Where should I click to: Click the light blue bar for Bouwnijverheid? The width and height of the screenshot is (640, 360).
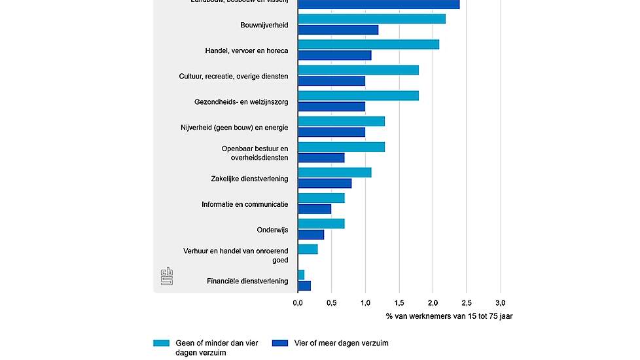click(372, 19)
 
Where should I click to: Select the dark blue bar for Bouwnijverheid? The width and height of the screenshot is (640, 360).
click(338, 30)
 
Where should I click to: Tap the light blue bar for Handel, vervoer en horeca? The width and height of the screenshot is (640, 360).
click(368, 45)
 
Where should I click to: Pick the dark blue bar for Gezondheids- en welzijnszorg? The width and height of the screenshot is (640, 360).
click(331, 107)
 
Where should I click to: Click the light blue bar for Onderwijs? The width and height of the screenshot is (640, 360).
click(321, 224)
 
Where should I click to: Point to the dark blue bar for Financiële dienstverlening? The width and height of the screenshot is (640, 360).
click(304, 285)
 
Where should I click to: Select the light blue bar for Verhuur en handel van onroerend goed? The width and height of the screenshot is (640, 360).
click(308, 249)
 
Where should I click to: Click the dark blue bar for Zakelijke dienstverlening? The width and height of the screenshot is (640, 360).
click(325, 183)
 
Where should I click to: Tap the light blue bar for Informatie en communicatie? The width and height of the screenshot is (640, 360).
click(321, 198)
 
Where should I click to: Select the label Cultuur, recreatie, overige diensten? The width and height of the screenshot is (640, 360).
click(234, 76)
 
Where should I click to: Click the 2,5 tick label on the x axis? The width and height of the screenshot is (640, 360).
click(467, 303)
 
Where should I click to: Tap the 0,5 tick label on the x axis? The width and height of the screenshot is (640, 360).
click(331, 303)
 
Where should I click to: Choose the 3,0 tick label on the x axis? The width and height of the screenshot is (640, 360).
click(501, 303)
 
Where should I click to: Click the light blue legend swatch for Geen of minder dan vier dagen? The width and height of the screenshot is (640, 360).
click(162, 342)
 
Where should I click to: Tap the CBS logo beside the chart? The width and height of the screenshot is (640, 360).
click(166, 276)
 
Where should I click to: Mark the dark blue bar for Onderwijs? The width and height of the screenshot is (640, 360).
click(311, 234)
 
